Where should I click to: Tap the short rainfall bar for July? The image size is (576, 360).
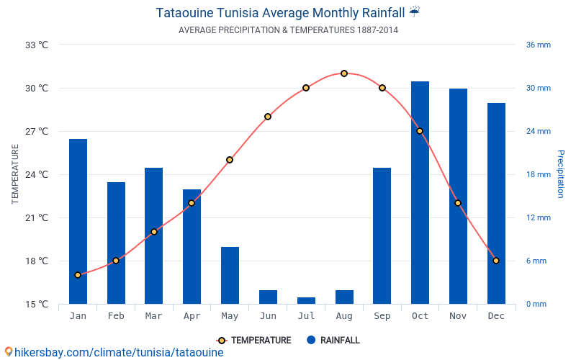[306, 300]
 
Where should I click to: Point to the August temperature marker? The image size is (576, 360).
[344, 73]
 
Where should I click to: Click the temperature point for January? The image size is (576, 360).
[78, 275]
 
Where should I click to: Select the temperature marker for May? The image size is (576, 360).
[230, 160]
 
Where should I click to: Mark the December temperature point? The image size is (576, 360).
[496, 261]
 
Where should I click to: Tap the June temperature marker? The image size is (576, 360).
[268, 117]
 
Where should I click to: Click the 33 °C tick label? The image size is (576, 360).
[37, 45]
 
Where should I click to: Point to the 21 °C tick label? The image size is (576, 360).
[37, 217]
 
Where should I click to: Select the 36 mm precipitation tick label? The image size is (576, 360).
[538, 45]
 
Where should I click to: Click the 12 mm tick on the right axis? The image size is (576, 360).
[538, 217]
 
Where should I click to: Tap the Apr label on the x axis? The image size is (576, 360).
[192, 316]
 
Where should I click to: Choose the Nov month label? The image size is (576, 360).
[458, 316]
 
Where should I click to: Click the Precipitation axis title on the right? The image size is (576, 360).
[561, 174]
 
